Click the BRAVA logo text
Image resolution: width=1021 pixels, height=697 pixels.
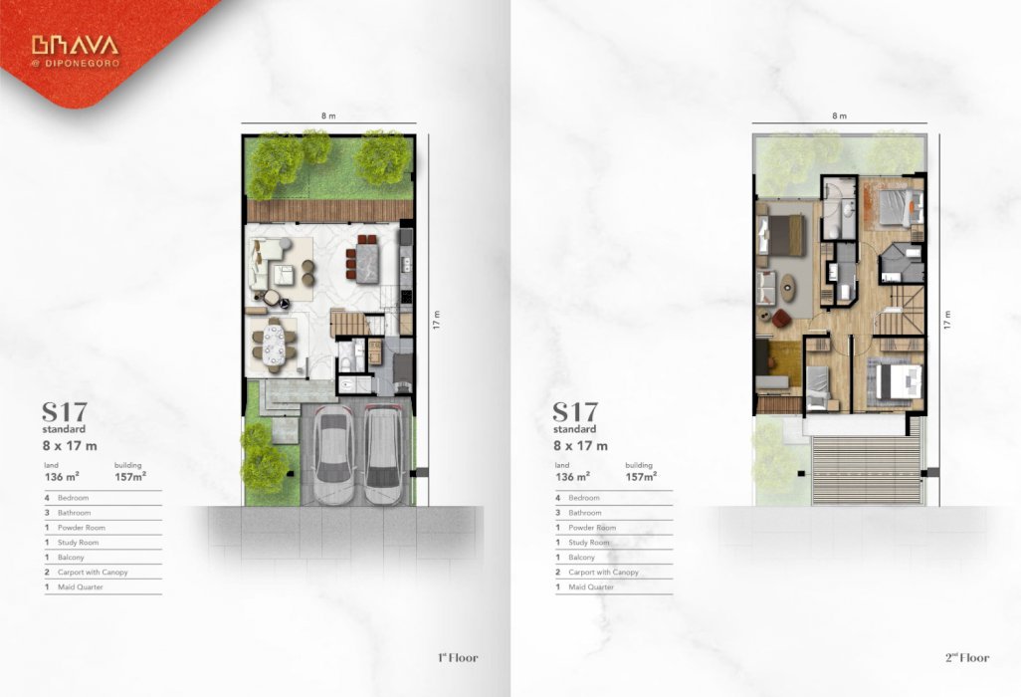(x=75, y=45)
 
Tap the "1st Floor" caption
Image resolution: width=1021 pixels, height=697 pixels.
(x=458, y=657)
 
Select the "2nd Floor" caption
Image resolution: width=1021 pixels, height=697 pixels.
(x=967, y=657)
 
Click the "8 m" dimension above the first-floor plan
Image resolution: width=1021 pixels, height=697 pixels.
(x=328, y=116)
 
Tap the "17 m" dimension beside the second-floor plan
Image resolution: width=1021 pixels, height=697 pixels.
(x=946, y=320)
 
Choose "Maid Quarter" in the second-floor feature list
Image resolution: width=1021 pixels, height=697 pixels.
(x=590, y=586)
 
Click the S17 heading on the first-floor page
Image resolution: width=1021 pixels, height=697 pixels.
(x=65, y=412)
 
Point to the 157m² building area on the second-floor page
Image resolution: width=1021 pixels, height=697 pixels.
(x=641, y=477)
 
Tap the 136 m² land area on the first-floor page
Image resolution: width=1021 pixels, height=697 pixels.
(x=62, y=477)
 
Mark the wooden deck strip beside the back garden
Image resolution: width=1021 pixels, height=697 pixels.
(x=329, y=211)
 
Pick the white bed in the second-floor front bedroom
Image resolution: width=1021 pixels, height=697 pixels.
(x=900, y=381)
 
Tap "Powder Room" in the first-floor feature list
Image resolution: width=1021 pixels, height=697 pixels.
(x=81, y=528)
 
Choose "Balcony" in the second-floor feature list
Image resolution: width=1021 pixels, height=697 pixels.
(x=581, y=558)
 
